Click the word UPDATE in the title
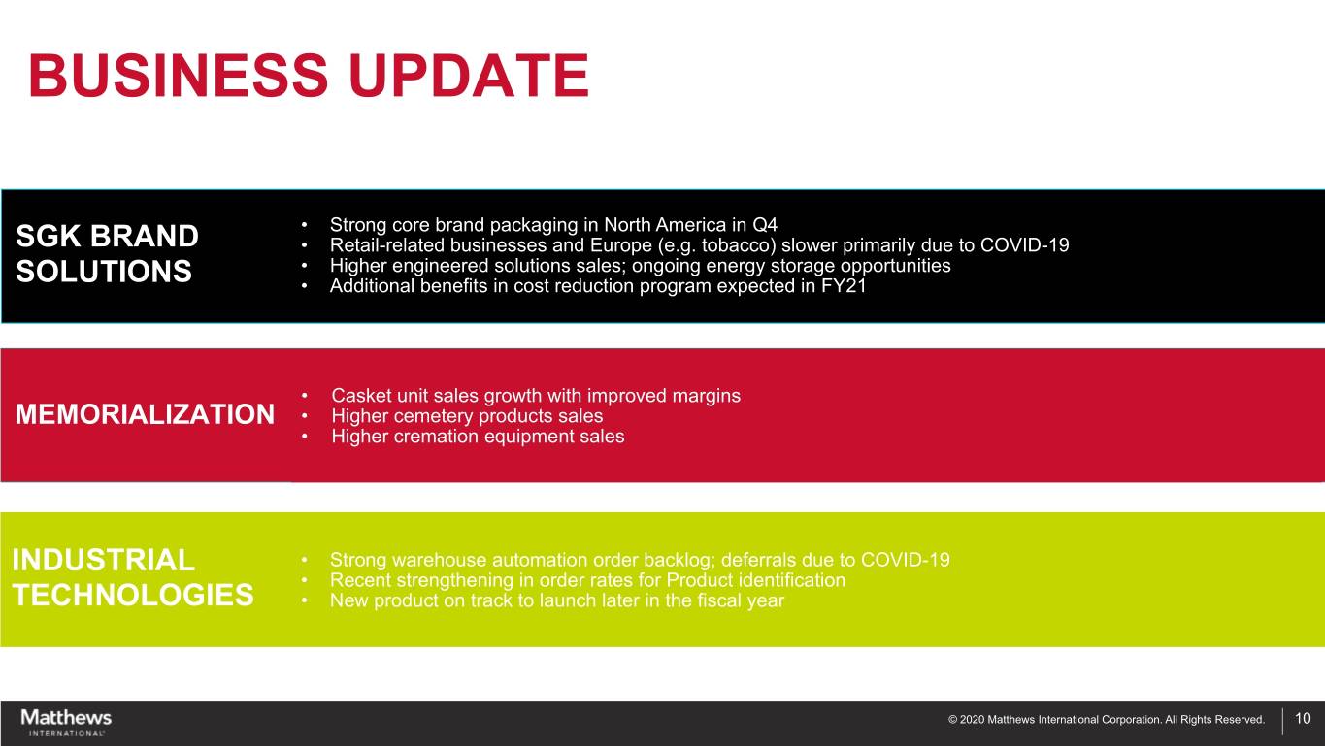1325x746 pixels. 469,76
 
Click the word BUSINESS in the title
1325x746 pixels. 178,76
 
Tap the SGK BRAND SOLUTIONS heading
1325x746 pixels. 107,253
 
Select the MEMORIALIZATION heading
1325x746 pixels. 145,414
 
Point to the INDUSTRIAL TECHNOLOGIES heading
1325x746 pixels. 133,577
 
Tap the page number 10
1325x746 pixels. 1303,718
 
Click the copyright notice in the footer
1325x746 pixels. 1107,720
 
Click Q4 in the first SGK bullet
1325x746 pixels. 764,225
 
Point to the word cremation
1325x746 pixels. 440,437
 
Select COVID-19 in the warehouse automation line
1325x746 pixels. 905,560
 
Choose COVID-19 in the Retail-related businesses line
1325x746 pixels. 1024,245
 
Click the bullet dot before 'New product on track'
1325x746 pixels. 304,600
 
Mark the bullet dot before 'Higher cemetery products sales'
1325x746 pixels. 304,416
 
